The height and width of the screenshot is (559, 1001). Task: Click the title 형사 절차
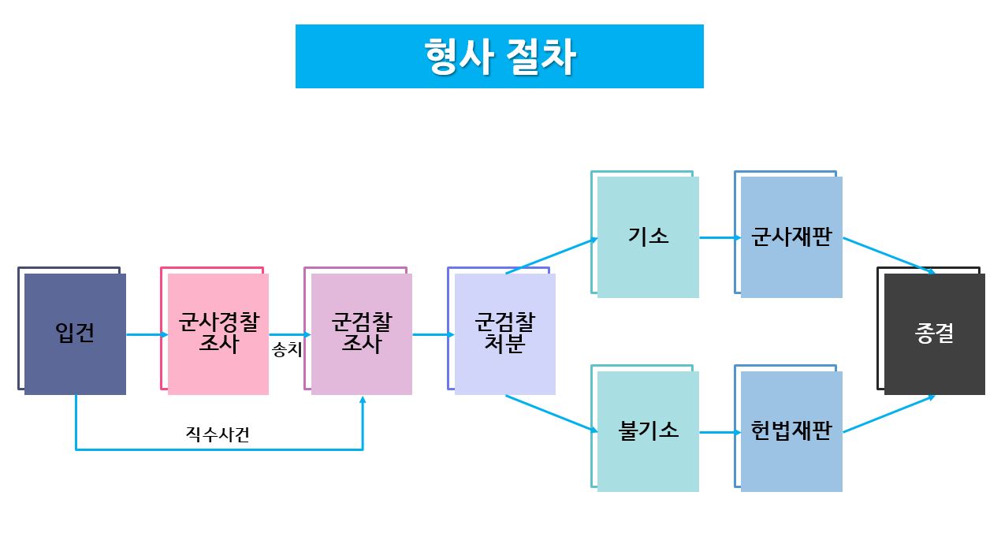pyautogui.click(x=499, y=56)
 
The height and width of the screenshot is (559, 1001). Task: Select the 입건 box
pyautogui.click(x=75, y=334)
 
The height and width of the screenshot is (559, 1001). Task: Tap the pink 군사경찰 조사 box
pyautogui.click(x=218, y=334)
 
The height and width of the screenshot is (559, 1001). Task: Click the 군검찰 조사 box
pyautogui.click(x=362, y=334)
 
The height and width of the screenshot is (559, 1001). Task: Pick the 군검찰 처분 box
pyautogui.click(x=505, y=334)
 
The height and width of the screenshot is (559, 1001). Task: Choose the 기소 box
pyautogui.click(x=648, y=237)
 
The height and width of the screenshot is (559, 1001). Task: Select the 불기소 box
pyautogui.click(x=648, y=431)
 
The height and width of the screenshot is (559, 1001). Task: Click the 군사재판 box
pyautogui.click(x=791, y=237)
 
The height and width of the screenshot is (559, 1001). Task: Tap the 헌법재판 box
pyautogui.click(x=791, y=431)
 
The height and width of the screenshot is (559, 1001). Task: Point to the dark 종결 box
pyautogui.click(x=934, y=334)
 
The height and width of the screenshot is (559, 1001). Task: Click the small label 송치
pyautogui.click(x=287, y=349)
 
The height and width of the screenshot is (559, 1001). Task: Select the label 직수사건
pyautogui.click(x=218, y=434)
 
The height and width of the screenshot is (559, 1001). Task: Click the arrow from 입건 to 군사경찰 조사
pyautogui.click(x=146, y=335)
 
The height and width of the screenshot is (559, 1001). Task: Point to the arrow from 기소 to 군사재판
pyautogui.click(x=716, y=237)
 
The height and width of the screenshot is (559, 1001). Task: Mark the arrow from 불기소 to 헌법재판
pyautogui.click(x=716, y=432)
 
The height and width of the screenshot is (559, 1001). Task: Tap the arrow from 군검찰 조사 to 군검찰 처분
pyautogui.click(x=433, y=335)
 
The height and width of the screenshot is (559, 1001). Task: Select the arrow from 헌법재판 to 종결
pyautogui.click(x=888, y=414)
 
